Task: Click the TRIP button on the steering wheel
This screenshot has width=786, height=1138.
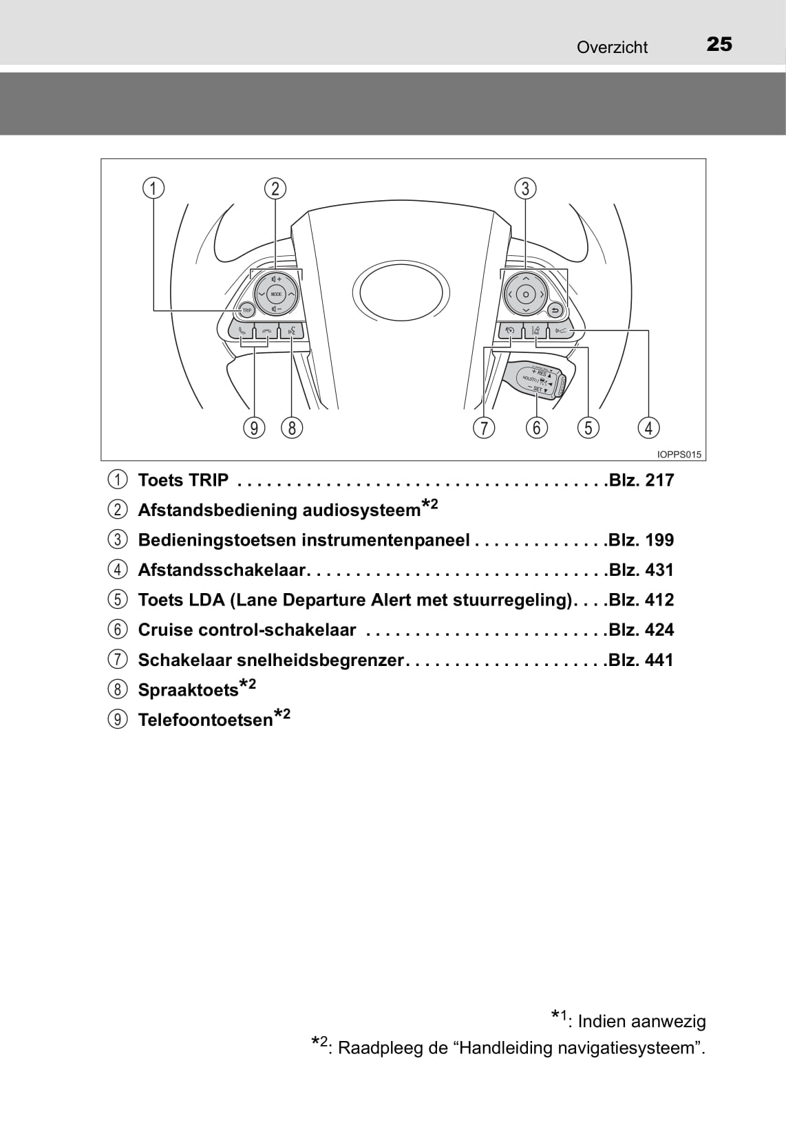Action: [x=246, y=310]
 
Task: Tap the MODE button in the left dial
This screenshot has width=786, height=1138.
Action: [x=276, y=294]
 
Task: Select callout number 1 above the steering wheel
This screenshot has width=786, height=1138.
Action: [x=153, y=189]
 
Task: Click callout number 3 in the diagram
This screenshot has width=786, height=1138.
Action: [x=525, y=189]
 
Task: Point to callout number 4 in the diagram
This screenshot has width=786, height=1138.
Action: [x=649, y=428]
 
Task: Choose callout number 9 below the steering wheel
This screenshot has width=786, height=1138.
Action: [x=254, y=428]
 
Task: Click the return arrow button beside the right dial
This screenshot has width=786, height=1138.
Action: [x=555, y=310]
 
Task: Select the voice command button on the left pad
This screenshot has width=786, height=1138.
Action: [x=292, y=331]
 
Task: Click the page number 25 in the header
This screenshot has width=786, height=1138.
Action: [x=719, y=45]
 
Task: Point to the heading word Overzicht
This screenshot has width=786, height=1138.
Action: [x=612, y=47]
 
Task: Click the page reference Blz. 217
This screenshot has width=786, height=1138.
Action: [x=641, y=480]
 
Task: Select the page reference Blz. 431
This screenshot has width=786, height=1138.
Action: [x=641, y=570]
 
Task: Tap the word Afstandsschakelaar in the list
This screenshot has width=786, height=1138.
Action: [x=222, y=570]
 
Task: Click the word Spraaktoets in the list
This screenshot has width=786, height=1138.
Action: [x=188, y=690]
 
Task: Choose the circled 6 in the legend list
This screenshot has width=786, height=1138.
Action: [x=118, y=630]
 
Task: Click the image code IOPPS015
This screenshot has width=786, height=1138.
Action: [x=679, y=455]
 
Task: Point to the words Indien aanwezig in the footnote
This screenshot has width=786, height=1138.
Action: [x=641, y=1021]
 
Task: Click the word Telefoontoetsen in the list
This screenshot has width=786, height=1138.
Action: [x=205, y=720]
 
